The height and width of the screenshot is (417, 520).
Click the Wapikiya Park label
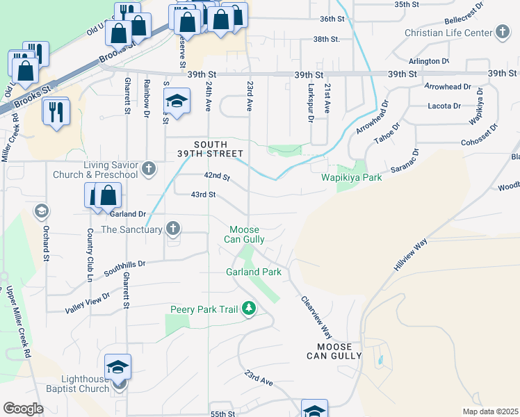(x=352, y=178)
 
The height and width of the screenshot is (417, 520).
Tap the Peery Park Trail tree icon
(x=248, y=309)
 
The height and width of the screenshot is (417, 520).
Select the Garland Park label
(x=254, y=272)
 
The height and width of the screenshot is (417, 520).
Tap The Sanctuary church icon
(x=173, y=229)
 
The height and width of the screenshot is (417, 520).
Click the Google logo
(x=23, y=409)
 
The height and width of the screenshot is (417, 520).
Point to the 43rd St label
(x=203, y=195)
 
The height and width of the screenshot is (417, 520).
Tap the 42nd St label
(x=216, y=178)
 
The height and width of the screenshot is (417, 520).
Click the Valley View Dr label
(x=88, y=302)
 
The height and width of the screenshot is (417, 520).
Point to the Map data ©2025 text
(x=490, y=411)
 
